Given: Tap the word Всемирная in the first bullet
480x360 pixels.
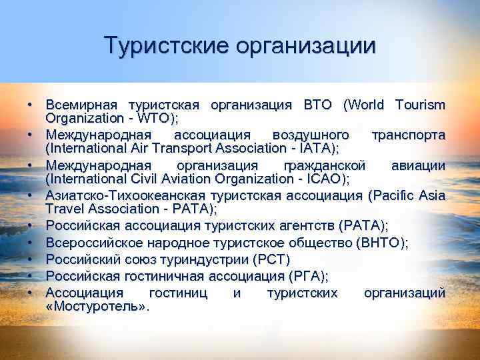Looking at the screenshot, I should pos(81,105).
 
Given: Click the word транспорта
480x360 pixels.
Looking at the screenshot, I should pos(408,135).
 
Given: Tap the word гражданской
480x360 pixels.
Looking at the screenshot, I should pos(324,164).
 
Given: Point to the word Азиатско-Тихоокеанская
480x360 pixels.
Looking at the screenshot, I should pos(125,194).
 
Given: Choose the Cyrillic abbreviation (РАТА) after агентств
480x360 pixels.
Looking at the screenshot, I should pos(363,223).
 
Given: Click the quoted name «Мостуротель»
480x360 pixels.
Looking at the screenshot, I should pos(96,307).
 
